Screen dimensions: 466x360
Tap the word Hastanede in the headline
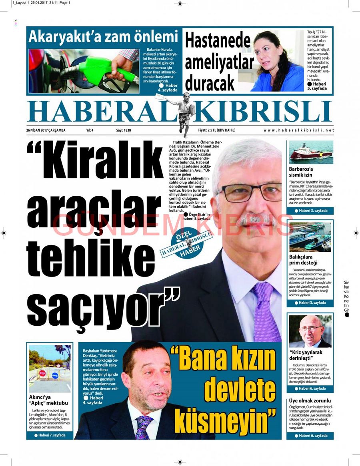coord(218,41)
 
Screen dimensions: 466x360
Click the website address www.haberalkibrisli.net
coord(298,130)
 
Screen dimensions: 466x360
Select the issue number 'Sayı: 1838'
coord(124,130)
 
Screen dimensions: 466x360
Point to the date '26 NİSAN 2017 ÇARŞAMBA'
coord(46,130)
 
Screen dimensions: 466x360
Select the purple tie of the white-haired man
coord(266,312)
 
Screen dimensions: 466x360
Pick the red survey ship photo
coord(311,152)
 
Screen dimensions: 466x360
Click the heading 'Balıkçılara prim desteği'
coord(303,260)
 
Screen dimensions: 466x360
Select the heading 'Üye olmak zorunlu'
coord(310,400)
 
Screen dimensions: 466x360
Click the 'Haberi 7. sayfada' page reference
coord(50,435)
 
